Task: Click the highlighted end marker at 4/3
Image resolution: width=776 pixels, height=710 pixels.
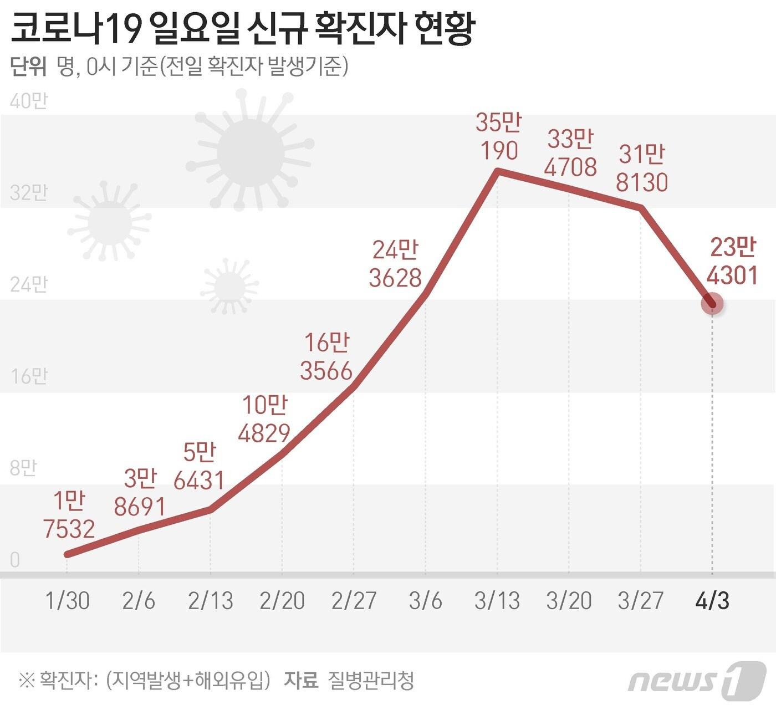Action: pyautogui.click(x=712, y=304)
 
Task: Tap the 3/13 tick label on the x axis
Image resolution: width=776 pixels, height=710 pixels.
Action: pyautogui.click(x=497, y=601)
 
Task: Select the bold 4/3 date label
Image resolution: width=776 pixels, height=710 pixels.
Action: pyautogui.click(x=712, y=601)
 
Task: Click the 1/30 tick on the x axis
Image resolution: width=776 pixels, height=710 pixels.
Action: pyautogui.click(x=68, y=601)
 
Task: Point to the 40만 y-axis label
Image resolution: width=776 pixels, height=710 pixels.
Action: pyautogui.click(x=29, y=101)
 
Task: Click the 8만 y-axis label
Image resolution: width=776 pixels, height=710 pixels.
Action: pyautogui.click(x=23, y=468)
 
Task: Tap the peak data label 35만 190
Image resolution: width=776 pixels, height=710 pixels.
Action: pyautogui.click(x=498, y=136)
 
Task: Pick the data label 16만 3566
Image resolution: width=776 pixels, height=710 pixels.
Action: pyautogui.click(x=326, y=357)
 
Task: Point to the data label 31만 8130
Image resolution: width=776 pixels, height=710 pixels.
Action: pyautogui.click(x=642, y=168)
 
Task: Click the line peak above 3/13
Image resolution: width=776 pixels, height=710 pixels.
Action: pyautogui.click(x=498, y=171)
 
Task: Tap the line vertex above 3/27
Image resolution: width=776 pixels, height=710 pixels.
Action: pyautogui.click(x=641, y=208)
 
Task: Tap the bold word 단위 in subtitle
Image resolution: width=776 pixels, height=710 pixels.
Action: pyautogui.click(x=28, y=67)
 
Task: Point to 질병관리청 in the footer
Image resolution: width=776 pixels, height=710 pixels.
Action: pyautogui.click(x=371, y=680)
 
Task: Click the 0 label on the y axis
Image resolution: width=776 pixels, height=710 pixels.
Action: pyautogui.click(x=15, y=560)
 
